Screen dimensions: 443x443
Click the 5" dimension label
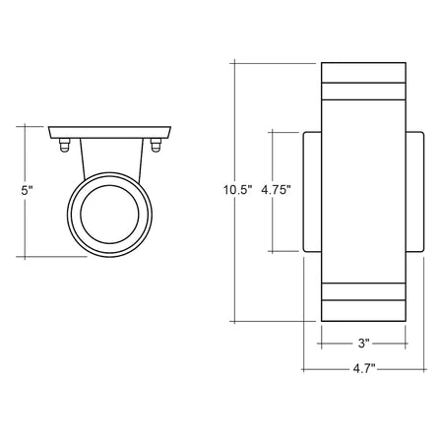(x=27, y=190)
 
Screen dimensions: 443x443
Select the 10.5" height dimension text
(x=237, y=190)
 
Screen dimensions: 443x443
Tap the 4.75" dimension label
(x=276, y=190)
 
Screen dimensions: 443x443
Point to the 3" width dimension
(x=363, y=344)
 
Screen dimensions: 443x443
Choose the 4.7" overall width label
(x=364, y=368)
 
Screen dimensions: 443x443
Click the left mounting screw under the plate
(x=65, y=146)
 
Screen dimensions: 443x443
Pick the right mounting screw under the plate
(x=156, y=146)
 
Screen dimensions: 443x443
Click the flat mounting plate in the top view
(x=109, y=132)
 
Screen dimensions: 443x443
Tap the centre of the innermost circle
(x=109, y=215)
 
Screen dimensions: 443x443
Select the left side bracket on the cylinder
(x=312, y=192)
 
